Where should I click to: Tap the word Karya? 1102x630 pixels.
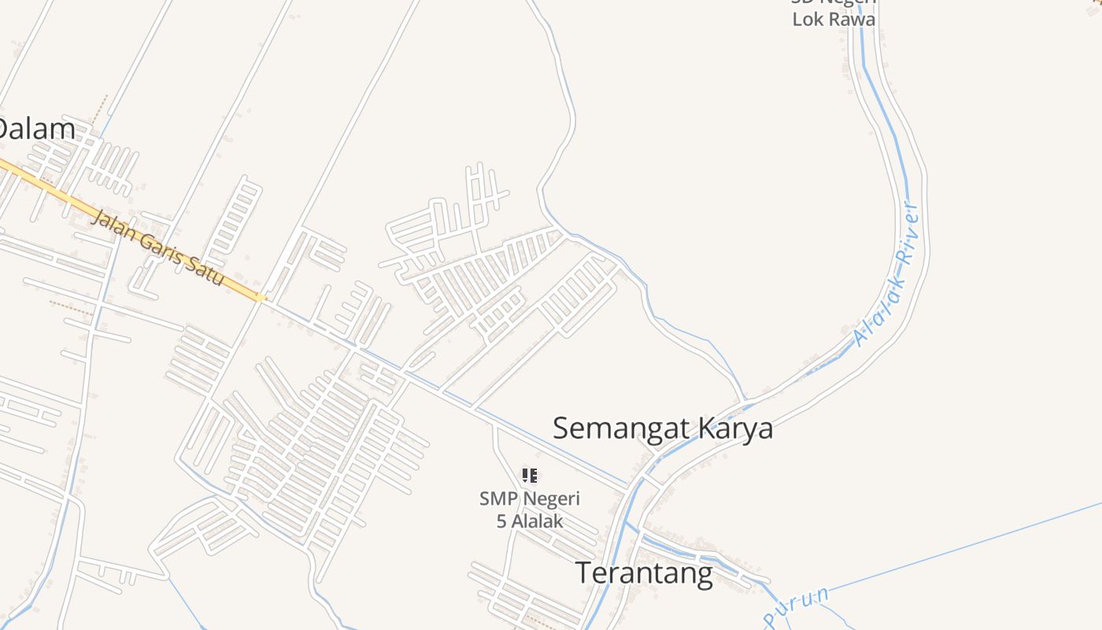coord(738,429)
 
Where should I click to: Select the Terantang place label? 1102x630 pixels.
coord(644,573)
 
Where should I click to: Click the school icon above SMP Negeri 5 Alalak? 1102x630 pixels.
coord(530,475)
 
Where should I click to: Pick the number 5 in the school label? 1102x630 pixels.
coord(501,521)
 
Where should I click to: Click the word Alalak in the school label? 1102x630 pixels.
coord(538,521)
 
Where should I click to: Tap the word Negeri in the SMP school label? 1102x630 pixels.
coord(552,498)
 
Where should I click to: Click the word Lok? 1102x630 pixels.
coord(807,19)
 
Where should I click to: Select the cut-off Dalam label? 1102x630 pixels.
coord(36,129)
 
